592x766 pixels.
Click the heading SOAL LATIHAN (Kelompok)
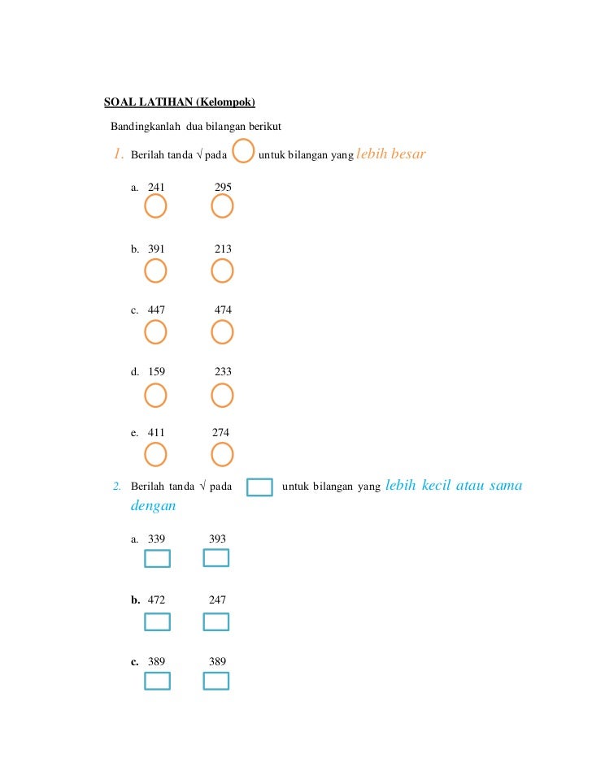click(x=180, y=102)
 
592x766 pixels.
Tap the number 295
click(x=223, y=188)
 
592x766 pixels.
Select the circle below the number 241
click(x=155, y=207)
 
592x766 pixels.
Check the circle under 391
click(x=155, y=270)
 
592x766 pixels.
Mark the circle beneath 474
click(x=222, y=331)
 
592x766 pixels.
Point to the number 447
click(x=156, y=310)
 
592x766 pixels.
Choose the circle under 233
click(x=222, y=395)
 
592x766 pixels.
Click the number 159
click(x=156, y=372)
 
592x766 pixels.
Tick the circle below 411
click(x=155, y=454)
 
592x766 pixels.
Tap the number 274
click(x=220, y=433)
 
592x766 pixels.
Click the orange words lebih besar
click(x=391, y=154)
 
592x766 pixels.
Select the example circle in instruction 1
click(x=243, y=151)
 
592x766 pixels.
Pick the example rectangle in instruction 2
click(x=259, y=487)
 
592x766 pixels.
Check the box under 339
click(x=157, y=558)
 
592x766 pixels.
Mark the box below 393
click(x=215, y=557)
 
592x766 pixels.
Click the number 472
click(x=156, y=600)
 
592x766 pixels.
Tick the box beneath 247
click(x=215, y=621)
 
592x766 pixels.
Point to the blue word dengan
click(x=153, y=506)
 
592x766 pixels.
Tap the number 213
click(x=223, y=249)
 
